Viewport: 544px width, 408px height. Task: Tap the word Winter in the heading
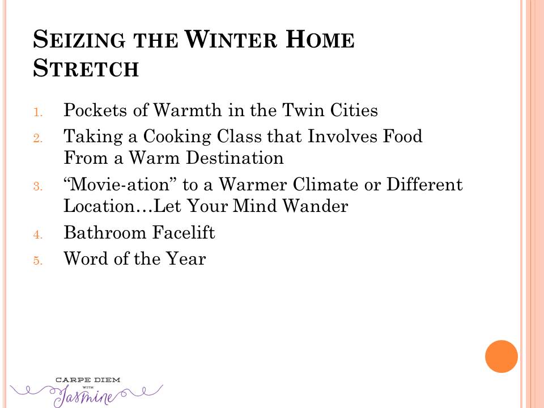pyautogui.click(x=231, y=39)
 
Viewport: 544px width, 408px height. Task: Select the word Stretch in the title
pyautogui.click(x=86, y=67)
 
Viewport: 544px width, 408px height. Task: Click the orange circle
pyautogui.click(x=501, y=356)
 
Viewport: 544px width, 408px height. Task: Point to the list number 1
pyautogui.click(x=38, y=113)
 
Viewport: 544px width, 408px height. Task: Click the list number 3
pyautogui.click(x=38, y=186)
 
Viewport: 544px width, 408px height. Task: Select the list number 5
pyautogui.click(x=38, y=261)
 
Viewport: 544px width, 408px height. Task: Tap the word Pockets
pyautogui.click(x=95, y=110)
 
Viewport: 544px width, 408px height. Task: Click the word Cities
pyautogui.click(x=354, y=110)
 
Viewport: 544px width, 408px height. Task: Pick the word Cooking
pyautogui.click(x=177, y=137)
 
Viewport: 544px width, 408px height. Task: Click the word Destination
pyautogui.click(x=235, y=158)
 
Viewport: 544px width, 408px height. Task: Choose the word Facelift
pyautogui.click(x=184, y=232)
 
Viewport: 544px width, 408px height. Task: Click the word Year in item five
pyautogui.click(x=186, y=258)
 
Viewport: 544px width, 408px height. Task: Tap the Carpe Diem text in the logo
pyautogui.click(x=88, y=380)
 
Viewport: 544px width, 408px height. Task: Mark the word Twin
pyautogui.click(x=303, y=110)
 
